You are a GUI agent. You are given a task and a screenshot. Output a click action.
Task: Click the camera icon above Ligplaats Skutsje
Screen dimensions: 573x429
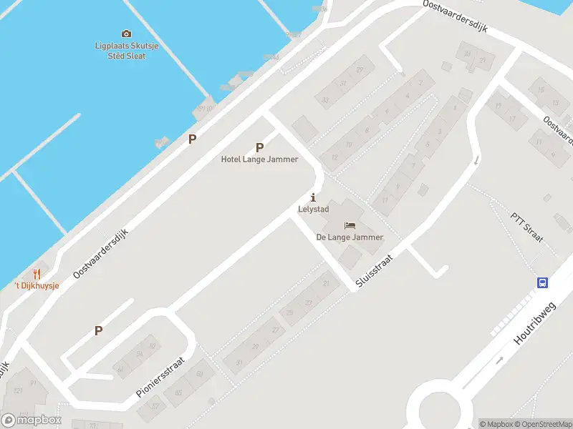pyautogui.click(x=127, y=34)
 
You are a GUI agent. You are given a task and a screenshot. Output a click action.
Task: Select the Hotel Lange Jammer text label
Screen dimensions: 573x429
pyautogui.click(x=259, y=159)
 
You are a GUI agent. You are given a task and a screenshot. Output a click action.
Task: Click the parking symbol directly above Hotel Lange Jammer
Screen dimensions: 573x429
pyautogui.click(x=259, y=147)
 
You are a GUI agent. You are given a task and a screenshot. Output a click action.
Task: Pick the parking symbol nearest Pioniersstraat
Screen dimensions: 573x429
pyautogui.click(x=99, y=330)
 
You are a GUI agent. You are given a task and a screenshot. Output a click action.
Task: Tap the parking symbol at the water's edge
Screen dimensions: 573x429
pyautogui.click(x=192, y=139)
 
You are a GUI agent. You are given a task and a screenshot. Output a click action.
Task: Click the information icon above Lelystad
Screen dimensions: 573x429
pyautogui.click(x=312, y=197)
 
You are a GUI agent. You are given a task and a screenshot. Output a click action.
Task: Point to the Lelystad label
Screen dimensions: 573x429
pyautogui.click(x=312, y=209)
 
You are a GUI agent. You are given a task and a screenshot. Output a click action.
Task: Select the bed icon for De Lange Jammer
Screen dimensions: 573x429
pyautogui.click(x=350, y=225)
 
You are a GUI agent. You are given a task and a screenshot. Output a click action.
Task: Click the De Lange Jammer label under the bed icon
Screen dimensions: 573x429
pyautogui.click(x=350, y=237)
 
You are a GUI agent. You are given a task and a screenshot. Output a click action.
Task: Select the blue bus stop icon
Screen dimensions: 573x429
pyautogui.click(x=543, y=282)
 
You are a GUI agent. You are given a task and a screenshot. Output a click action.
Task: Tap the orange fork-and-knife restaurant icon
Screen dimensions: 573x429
pyautogui.click(x=37, y=274)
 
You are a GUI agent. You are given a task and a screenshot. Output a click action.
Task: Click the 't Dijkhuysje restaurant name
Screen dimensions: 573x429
pyautogui.click(x=37, y=286)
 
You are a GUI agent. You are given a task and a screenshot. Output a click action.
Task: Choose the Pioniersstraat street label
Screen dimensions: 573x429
pyautogui.click(x=160, y=378)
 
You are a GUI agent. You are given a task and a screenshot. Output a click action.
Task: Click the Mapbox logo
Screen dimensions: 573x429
pyautogui.click(x=32, y=420)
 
